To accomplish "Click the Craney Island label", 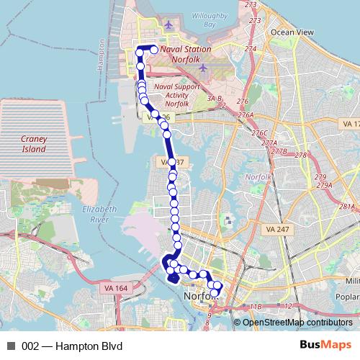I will pos(33,144).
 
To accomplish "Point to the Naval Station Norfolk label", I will pos(186,49).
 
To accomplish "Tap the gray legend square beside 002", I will pos(11,344).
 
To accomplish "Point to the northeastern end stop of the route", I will pos(153,50).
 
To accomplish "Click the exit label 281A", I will pos(348,207).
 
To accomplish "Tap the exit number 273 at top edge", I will pos(251,5).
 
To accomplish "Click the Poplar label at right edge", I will pos(351,296).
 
